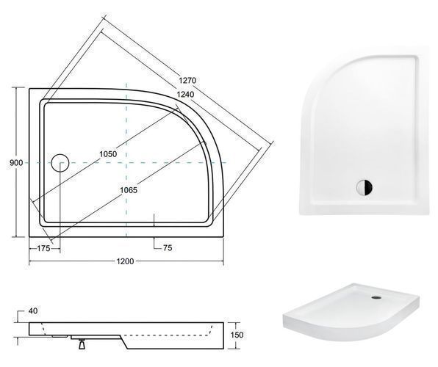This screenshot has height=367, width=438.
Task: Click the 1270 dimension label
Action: [187, 81]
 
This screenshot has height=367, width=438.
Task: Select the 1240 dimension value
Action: [185, 95]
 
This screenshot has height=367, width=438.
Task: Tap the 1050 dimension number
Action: [108, 154]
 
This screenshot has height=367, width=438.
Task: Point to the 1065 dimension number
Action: [129, 190]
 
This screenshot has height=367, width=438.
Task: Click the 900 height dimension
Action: [16, 163]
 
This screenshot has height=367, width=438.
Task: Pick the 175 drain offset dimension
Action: [43, 248]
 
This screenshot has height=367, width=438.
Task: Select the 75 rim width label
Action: [168, 248]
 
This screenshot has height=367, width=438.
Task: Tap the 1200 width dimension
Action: [125, 261]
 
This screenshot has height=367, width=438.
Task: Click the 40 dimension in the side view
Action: [33, 311]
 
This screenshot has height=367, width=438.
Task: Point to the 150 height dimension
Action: [237, 335]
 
